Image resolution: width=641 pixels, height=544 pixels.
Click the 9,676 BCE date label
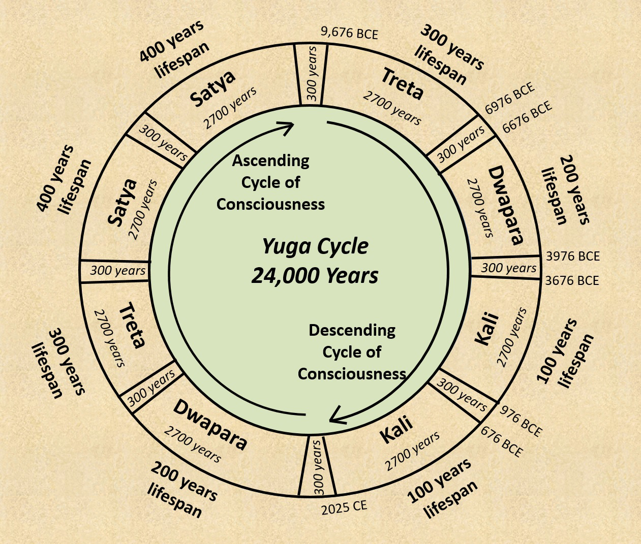[x=349, y=34]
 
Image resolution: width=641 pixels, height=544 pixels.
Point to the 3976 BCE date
[x=572, y=257]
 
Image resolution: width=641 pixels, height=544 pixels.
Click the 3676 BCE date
[x=572, y=280]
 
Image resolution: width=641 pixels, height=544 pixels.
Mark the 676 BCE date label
[x=501, y=441]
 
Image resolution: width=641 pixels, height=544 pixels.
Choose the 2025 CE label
[x=344, y=507]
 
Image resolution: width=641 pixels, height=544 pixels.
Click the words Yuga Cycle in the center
[x=315, y=246]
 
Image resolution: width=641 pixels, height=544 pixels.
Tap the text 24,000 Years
[x=315, y=276]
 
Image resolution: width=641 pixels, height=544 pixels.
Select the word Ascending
[x=270, y=161]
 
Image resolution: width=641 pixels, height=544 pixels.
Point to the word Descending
[x=352, y=330]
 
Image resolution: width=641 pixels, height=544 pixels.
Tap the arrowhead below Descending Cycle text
[x=338, y=415]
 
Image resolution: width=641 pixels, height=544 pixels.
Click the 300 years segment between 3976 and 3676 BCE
[x=508, y=268]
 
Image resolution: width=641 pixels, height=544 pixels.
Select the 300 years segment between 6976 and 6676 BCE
[x=461, y=144]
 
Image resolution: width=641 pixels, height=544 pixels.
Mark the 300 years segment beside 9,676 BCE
[x=312, y=73]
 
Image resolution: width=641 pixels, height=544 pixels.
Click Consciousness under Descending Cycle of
[x=352, y=374]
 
